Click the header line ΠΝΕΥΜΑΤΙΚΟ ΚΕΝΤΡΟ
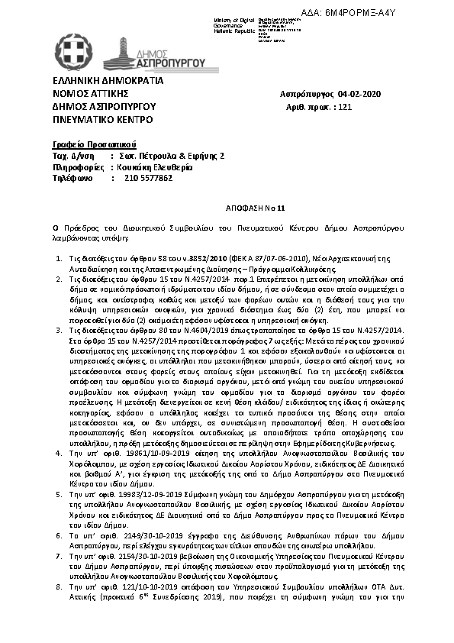[102, 120]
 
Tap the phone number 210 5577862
[148, 178]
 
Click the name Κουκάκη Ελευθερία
[156, 166]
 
